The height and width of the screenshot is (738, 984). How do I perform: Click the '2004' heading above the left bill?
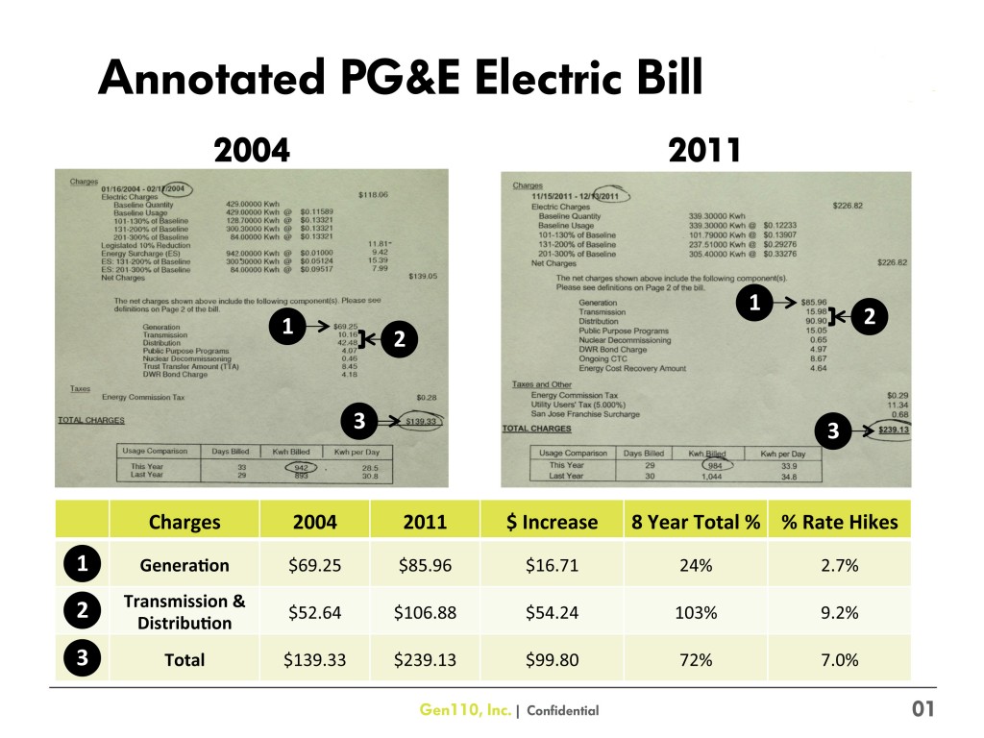click(251, 150)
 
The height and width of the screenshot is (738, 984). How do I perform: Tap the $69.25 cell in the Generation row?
click(313, 565)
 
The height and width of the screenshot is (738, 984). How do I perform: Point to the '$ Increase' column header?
click(553, 522)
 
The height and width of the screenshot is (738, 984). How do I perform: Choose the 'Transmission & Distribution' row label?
click(184, 612)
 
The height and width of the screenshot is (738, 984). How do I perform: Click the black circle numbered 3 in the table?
click(83, 659)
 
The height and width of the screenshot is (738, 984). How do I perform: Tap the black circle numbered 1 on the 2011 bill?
click(755, 304)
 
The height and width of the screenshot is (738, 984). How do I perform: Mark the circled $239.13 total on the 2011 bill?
click(893, 431)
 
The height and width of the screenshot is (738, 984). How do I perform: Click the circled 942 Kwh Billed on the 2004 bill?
click(306, 468)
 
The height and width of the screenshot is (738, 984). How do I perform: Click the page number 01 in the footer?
click(922, 709)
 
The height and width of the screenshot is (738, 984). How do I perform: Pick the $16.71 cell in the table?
click(553, 565)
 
